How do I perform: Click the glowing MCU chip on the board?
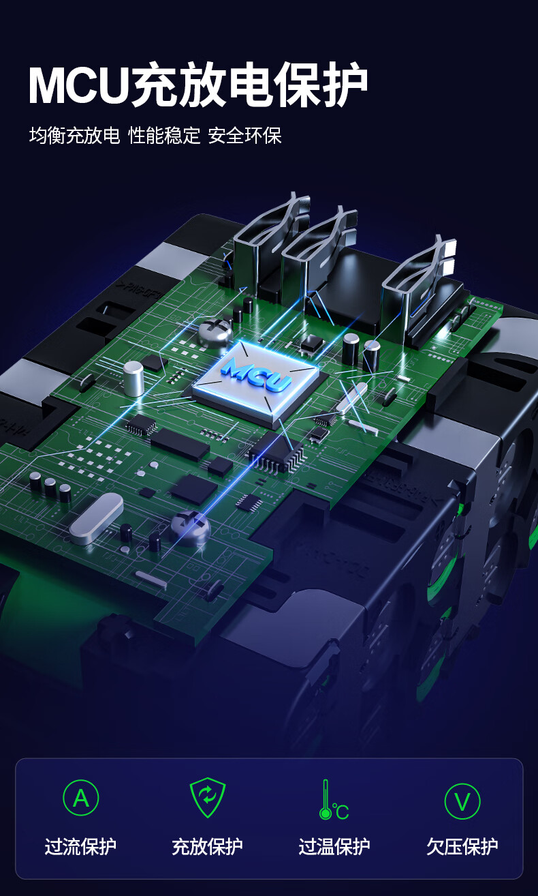255,380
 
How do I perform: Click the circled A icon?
80,797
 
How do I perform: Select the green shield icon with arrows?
208,797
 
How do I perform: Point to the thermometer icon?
334,799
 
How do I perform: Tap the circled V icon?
462,801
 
